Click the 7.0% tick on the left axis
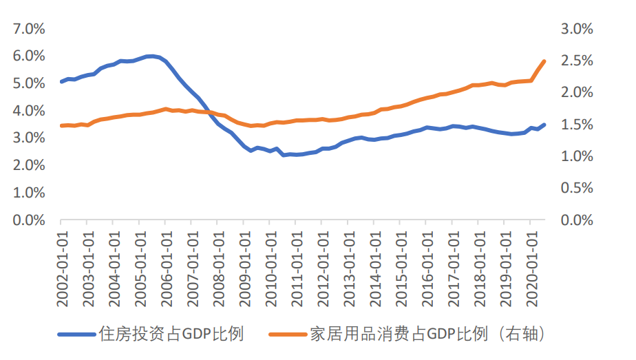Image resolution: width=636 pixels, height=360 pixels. (28, 29)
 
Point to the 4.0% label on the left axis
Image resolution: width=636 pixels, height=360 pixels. (28, 111)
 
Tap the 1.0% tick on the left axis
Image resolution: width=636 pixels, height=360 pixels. (28, 193)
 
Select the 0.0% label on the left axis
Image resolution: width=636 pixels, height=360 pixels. (28, 220)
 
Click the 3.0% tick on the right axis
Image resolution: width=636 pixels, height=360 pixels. (577, 29)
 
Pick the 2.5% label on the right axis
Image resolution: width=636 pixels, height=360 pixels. (577, 61)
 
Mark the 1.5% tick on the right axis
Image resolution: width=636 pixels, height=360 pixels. (577, 125)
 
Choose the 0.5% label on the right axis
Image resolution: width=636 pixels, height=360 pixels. (577, 188)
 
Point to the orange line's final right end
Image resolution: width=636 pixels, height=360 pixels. (544, 61)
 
